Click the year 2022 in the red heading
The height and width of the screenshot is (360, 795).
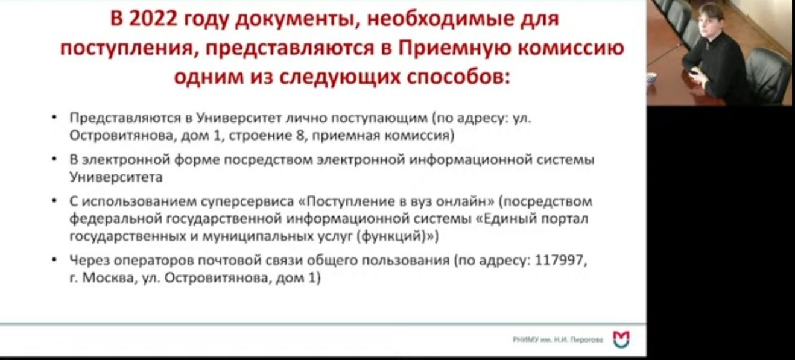153,19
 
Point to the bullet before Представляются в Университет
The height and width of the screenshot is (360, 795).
54,117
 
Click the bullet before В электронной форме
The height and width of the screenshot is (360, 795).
54,159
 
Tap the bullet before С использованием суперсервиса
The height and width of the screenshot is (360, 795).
54,201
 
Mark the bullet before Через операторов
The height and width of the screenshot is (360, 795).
54,260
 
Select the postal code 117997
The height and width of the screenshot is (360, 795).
559,261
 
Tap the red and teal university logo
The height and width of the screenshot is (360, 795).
621,339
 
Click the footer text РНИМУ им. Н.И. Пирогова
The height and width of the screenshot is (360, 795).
557,339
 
